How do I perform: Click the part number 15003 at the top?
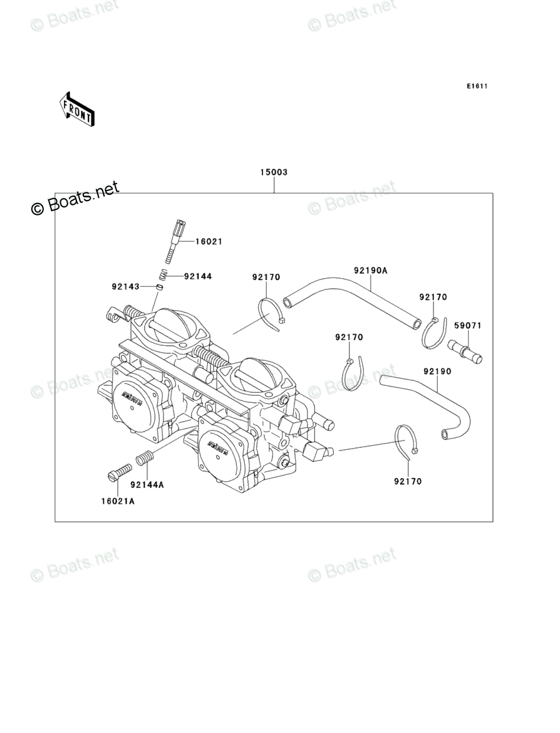274,172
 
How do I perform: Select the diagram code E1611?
476,86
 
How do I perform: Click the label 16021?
209,241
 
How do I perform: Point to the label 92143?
125,287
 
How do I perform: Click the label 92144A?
147,484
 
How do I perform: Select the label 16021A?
118,501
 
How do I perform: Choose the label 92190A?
371,271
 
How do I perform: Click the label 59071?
468,326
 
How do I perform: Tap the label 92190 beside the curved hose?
437,372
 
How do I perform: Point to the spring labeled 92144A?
144,458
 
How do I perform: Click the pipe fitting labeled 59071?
465,350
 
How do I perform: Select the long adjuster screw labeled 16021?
175,241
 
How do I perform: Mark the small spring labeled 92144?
161,274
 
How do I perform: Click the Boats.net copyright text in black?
75,199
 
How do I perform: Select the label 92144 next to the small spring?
198,276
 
